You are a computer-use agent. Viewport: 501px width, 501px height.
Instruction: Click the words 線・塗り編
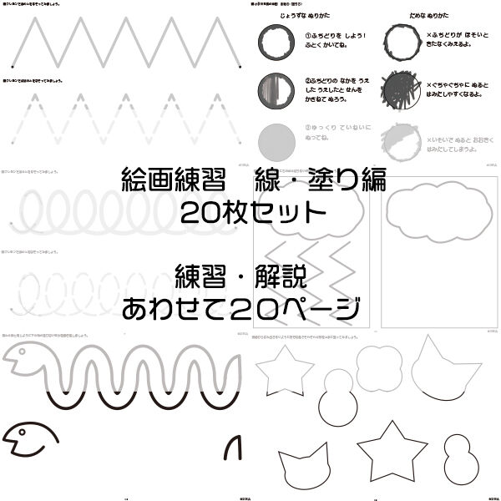(314, 178)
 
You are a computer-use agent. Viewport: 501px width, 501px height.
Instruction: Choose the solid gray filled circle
(276, 137)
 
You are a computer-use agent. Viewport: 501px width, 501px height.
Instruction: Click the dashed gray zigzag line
(125, 114)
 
